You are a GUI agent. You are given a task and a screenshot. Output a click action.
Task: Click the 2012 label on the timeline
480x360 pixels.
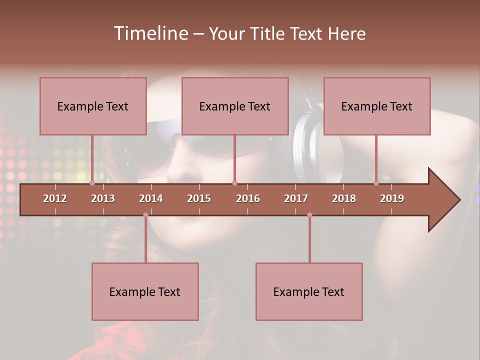tap(55, 198)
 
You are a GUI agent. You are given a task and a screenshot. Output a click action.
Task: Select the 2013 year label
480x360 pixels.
tap(103, 198)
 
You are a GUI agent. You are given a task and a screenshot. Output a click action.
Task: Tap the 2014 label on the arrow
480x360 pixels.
tap(151, 198)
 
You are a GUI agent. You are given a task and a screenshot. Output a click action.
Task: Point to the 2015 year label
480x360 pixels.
tap(199, 198)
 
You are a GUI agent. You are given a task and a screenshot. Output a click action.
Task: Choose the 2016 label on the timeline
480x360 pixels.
tap(248, 198)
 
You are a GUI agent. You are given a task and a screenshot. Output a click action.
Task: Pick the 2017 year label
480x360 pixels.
tap(296, 198)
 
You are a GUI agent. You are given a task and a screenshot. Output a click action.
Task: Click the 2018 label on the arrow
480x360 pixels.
tap(344, 198)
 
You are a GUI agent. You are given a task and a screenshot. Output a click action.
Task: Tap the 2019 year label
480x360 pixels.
tap(392, 198)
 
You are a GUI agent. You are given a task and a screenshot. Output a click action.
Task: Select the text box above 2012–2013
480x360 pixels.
tap(93, 106)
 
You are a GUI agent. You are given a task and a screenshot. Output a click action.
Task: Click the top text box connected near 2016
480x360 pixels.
tap(235, 106)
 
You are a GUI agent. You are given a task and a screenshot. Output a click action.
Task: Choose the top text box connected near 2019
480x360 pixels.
tap(377, 106)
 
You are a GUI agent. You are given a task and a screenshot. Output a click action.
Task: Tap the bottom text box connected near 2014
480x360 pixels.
tap(145, 291)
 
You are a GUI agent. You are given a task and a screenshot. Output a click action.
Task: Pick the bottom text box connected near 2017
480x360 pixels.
tap(309, 291)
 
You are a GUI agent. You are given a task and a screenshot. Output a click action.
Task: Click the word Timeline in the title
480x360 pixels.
tap(150, 33)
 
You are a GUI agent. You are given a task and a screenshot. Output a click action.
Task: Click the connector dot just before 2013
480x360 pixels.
tap(92, 183)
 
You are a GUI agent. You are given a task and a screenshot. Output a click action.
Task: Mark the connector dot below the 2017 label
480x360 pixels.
tap(309, 215)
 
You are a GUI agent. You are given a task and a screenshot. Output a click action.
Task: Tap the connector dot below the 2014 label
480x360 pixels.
tap(145, 215)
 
